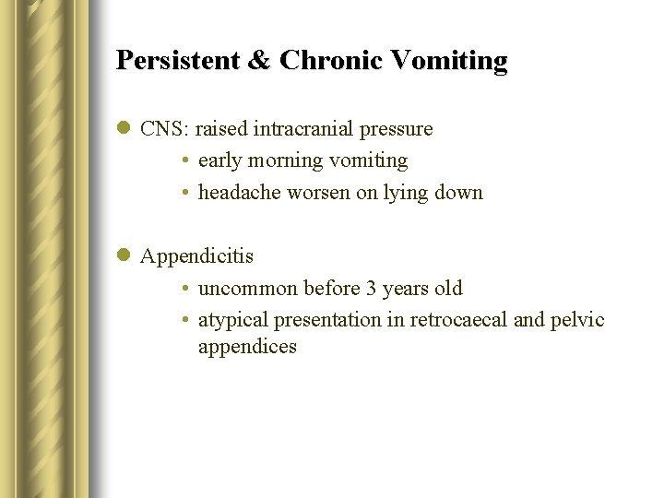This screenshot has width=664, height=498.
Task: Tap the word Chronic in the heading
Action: pyautogui.click(x=329, y=61)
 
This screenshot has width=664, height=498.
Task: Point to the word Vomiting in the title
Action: pyautogui.click(x=448, y=61)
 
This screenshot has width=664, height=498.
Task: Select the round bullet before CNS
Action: pyautogui.click(x=125, y=129)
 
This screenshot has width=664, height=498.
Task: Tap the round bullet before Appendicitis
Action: pyautogui.click(x=125, y=256)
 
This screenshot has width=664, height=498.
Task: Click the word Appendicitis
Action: pyautogui.click(x=196, y=256)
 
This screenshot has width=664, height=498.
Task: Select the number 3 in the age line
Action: pyautogui.click(x=372, y=289)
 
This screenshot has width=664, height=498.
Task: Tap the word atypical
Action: pyautogui.click(x=233, y=321)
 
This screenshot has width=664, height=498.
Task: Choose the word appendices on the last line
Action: pyautogui.click(x=247, y=348)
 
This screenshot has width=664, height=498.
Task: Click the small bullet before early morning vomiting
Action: pyautogui.click(x=185, y=161)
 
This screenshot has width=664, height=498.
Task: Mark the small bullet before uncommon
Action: pyautogui.click(x=185, y=289)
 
